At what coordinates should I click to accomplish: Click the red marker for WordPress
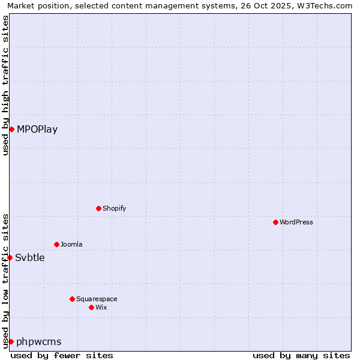(x=275, y=222)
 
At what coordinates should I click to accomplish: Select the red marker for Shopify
(x=98, y=208)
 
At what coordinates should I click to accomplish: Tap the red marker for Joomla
(x=56, y=244)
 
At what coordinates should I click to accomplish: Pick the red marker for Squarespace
(x=72, y=299)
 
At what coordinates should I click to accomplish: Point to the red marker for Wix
(x=91, y=307)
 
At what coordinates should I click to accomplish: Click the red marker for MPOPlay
(x=11, y=129)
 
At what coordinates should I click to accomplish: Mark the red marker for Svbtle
(x=10, y=257)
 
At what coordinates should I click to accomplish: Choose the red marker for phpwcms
(x=11, y=341)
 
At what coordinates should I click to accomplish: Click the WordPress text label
(x=296, y=222)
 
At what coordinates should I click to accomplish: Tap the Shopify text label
(x=115, y=208)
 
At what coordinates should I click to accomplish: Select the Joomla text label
(x=71, y=244)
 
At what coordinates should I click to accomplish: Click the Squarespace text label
(x=97, y=299)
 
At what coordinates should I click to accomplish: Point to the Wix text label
(x=101, y=307)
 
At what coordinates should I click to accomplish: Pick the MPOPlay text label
(x=37, y=129)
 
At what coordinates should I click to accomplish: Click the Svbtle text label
(x=30, y=257)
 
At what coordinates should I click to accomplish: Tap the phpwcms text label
(x=39, y=341)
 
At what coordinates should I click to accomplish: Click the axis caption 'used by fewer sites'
(x=62, y=355)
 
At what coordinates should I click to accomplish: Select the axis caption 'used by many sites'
(x=301, y=355)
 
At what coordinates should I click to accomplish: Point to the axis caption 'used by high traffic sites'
(x=6, y=85)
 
